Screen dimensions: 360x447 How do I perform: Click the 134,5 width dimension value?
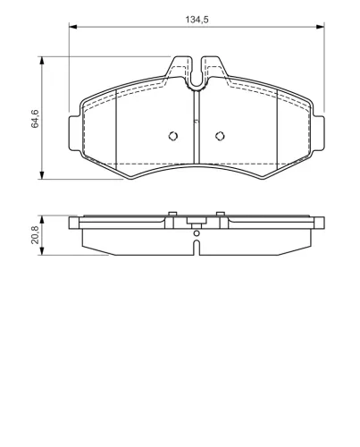coord(197,20)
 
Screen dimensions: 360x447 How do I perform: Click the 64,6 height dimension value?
coord(35,119)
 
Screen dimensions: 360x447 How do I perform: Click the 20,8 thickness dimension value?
coord(35,235)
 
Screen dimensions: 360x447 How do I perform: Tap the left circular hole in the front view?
coord(173,136)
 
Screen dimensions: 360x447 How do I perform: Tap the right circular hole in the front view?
coord(220,136)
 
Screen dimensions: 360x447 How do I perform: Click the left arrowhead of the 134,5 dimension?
coord(73,27)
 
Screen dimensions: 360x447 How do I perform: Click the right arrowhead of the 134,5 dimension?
coord(320,27)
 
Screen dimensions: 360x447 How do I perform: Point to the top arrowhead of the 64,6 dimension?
coord(42,61)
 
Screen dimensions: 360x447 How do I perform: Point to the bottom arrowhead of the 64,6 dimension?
coord(42,175)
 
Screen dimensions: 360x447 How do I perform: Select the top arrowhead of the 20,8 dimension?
coord(42,220)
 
